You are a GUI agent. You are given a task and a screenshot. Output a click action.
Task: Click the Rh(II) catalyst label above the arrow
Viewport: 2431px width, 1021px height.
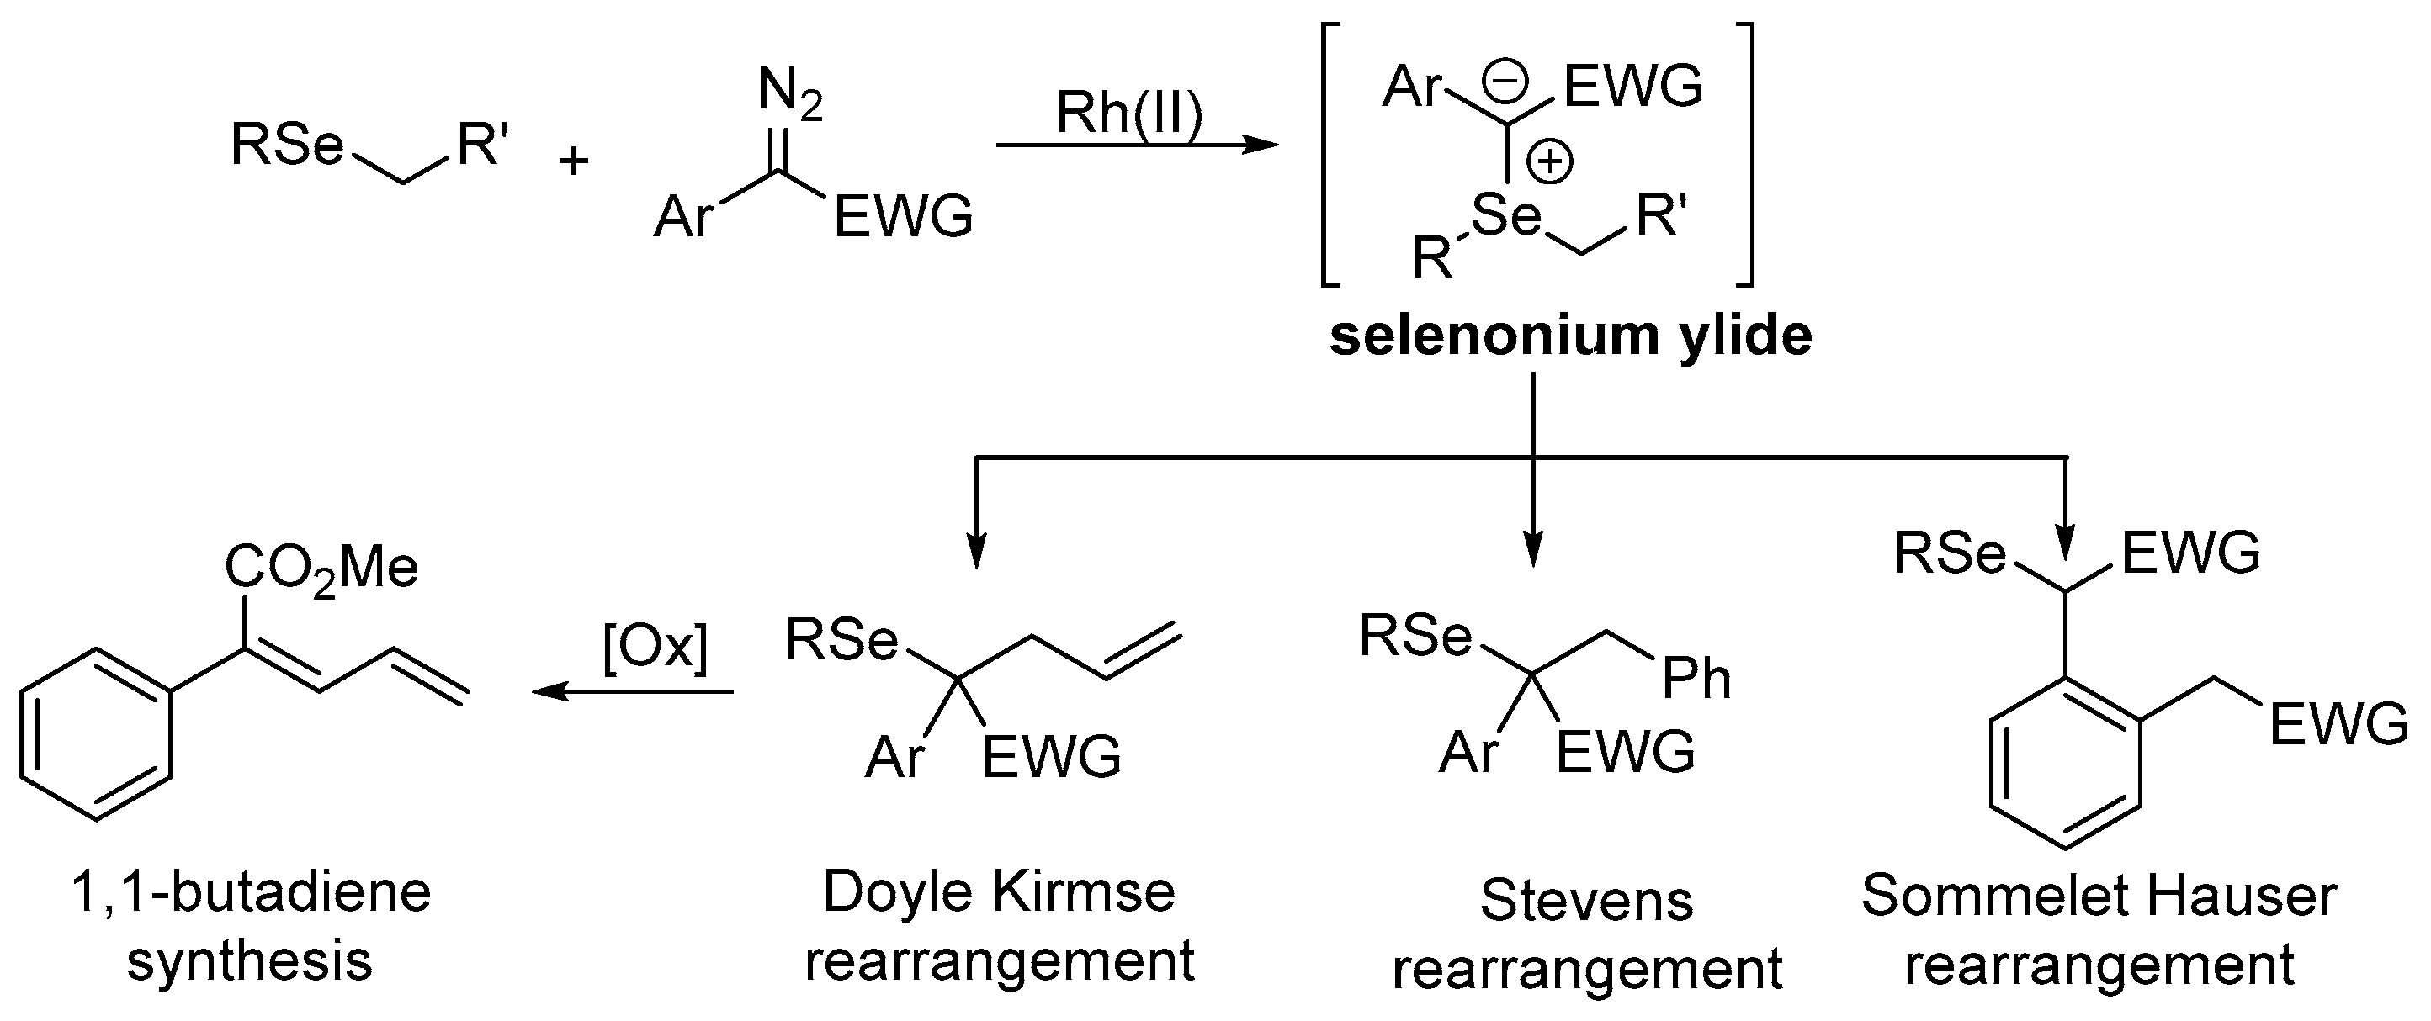1128,114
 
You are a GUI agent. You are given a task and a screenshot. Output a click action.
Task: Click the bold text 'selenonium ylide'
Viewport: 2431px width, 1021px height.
1570,336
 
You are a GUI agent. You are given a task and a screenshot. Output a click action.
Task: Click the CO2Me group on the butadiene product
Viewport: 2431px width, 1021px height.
321,568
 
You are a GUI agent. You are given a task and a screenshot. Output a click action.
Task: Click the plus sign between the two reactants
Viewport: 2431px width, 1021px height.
573,161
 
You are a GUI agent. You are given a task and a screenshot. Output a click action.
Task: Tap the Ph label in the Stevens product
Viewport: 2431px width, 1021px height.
1696,679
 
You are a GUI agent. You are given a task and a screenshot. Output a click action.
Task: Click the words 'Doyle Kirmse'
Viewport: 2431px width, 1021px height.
999,891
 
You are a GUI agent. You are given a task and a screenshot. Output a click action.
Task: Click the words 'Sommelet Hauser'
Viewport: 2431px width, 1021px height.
2098,896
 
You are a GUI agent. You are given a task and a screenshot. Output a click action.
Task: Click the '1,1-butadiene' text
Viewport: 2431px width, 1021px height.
251,891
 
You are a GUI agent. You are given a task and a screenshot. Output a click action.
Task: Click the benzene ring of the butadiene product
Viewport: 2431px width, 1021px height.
96,733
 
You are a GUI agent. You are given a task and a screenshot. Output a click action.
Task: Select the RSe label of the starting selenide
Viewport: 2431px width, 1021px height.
287,146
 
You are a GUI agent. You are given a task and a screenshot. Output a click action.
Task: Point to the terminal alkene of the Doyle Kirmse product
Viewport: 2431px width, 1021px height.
1142,650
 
